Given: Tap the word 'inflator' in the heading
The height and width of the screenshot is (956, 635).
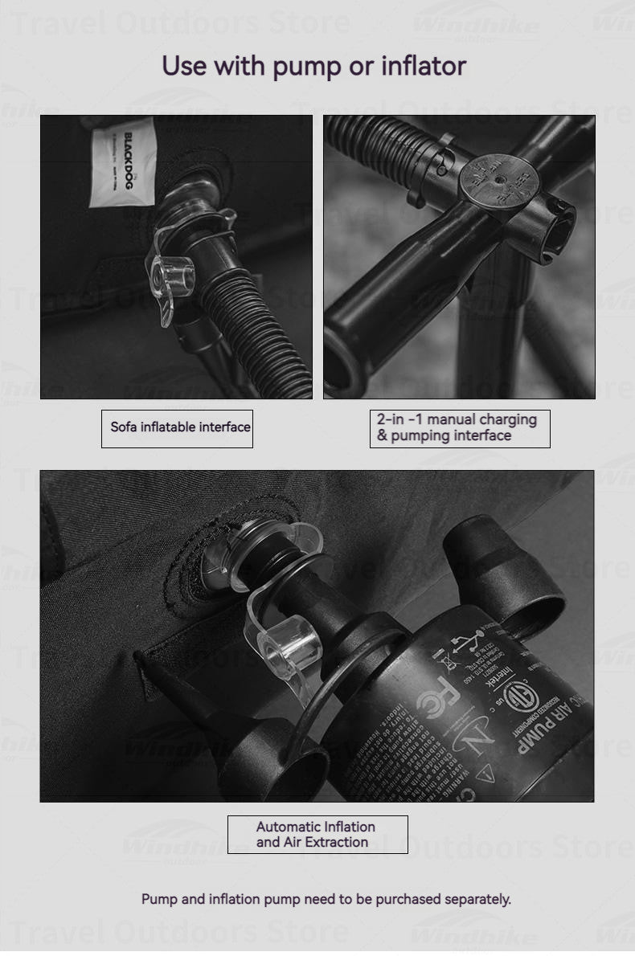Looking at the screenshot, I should (x=423, y=65).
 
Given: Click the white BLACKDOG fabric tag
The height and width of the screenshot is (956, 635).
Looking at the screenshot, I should (x=122, y=161).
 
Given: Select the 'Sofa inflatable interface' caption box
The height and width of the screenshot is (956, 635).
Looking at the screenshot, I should (x=178, y=427).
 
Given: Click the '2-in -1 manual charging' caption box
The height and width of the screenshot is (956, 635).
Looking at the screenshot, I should (x=459, y=427).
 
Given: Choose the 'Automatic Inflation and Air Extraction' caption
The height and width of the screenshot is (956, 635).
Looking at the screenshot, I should (x=317, y=834).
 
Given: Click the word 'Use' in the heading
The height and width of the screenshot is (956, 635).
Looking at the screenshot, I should (x=184, y=65).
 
